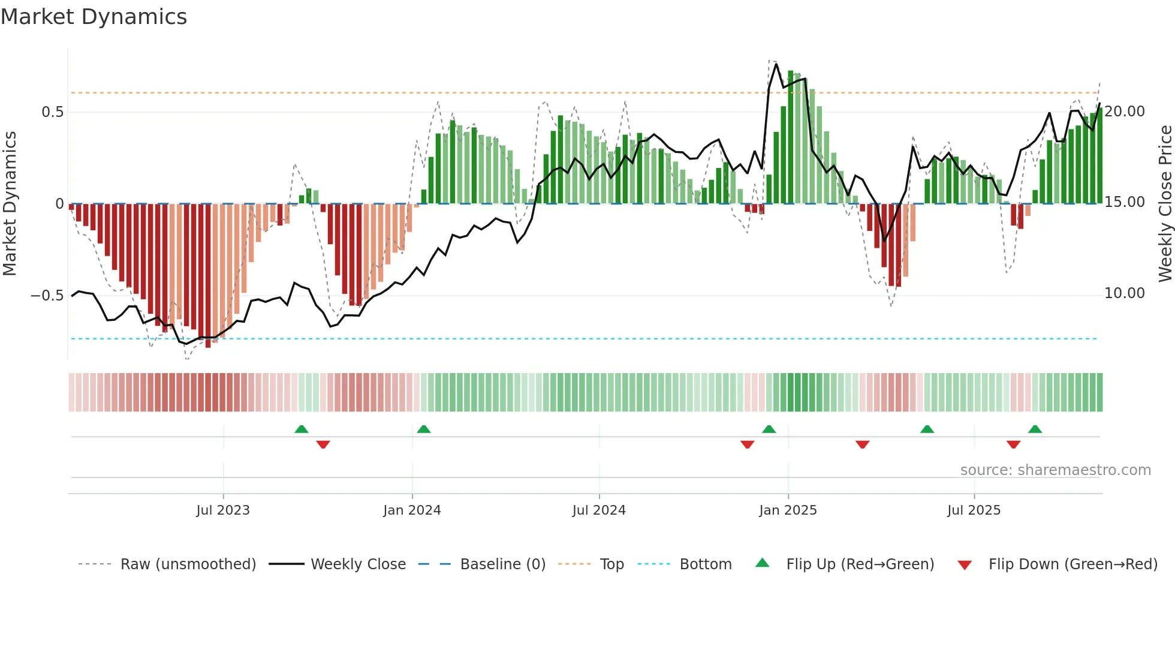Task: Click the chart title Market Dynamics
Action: [x=94, y=17]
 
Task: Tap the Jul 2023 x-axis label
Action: [x=223, y=510]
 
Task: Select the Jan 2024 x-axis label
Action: [x=412, y=510]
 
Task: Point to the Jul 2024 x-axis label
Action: [x=599, y=510]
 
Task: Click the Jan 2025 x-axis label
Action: [x=788, y=510]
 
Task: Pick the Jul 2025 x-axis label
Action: [x=974, y=510]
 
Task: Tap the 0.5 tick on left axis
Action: [x=53, y=112]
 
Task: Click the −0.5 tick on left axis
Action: [x=47, y=296]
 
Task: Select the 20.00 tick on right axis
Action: [x=1125, y=112]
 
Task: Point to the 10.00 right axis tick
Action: [x=1125, y=293]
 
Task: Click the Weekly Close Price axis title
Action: [x=1165, y=204]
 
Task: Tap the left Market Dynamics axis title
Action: [x=10, y=204]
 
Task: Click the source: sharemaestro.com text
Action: [x=1055, y=470]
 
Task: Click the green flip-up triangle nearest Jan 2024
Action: [x=424, y=429]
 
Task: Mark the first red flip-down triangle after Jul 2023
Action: [x=323, y=444]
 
